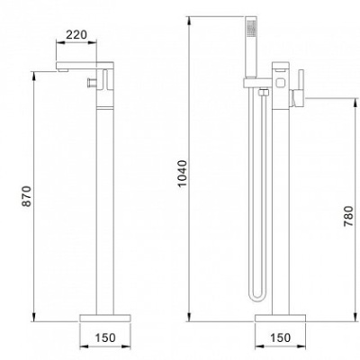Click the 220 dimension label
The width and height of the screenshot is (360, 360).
click(x=76, y=35)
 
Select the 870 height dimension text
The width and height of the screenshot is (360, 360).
click(x=27, y=196)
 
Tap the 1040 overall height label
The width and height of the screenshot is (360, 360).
click(x=182, y=174)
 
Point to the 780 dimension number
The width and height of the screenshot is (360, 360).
click(x=348, y=216)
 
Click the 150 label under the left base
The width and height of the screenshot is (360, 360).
click(x=105, y=337)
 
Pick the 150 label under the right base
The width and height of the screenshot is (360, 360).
click(x=281, y=337)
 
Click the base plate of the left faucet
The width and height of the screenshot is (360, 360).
click(x=105, y=318)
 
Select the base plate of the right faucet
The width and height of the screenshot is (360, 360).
click(x=280, y=318)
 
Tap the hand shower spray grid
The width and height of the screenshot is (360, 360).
click(x=251, y=26)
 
